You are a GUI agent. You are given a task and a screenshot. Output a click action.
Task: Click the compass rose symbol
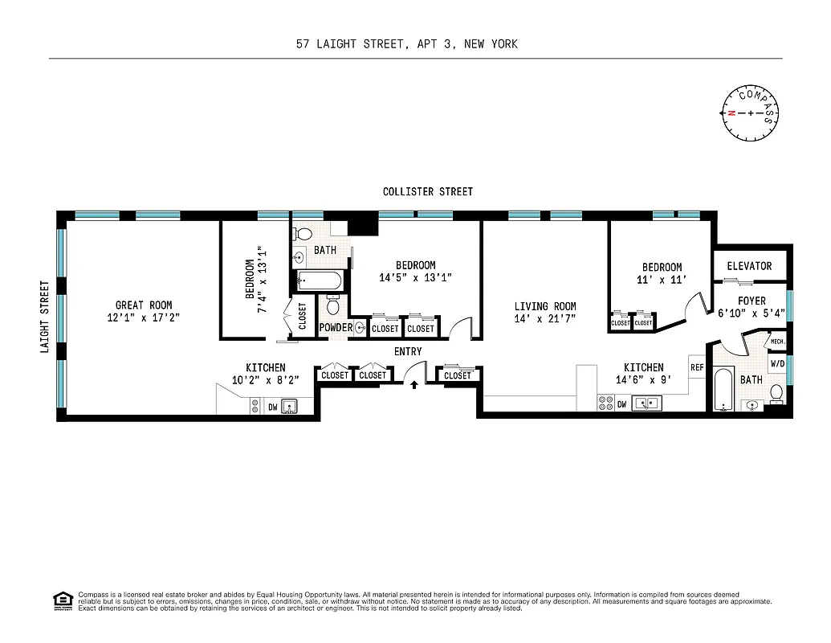click(x=752, y=113)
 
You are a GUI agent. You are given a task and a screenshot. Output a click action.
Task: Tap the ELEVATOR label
click(x=749, y=266)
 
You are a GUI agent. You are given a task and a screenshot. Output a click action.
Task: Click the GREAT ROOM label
click(x=144, y=305)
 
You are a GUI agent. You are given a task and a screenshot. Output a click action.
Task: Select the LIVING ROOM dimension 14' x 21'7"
click(x=545, y=319)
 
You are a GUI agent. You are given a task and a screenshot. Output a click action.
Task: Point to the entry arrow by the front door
click(x=414, y=385)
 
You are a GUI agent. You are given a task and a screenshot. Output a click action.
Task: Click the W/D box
click(x=777, y=364)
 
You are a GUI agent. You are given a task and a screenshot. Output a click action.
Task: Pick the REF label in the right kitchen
click(x=697, y=367)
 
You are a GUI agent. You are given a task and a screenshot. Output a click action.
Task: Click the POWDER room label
click(x=336, y=328)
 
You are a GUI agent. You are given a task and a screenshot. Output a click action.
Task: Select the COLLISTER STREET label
click(x=428, y=191)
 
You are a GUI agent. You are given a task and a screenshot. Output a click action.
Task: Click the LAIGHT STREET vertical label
click(x=45, y=316)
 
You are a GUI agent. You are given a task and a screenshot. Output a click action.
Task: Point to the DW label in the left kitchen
click(x=273, y=408)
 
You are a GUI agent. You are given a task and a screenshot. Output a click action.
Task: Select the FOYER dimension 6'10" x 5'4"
click(x=751, y=314)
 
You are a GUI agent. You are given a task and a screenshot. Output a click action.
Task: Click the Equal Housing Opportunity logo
click(x=62, y=600)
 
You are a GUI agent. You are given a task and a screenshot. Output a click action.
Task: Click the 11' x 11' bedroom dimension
click(x=662, y=281)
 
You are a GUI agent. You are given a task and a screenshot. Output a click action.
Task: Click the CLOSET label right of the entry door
click(x=458, y=375)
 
